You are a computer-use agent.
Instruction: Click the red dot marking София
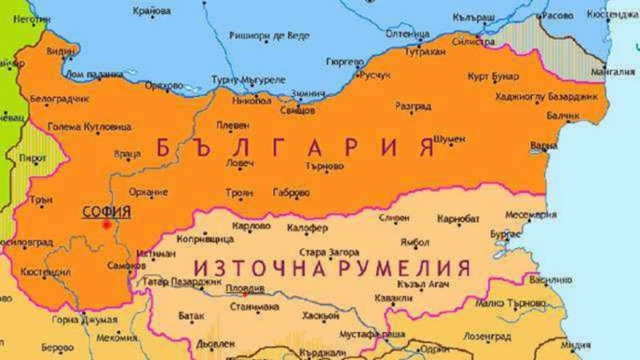tap(106, 224)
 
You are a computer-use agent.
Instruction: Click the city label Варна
tap(544, 146)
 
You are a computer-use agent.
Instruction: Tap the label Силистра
tap(473, 40)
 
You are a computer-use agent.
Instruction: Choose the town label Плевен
tap(232, 125)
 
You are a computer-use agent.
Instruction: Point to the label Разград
tap(413, 106)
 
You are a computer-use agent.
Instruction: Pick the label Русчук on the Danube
tap(376, 75)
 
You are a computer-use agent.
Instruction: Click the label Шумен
tap(449, 139)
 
